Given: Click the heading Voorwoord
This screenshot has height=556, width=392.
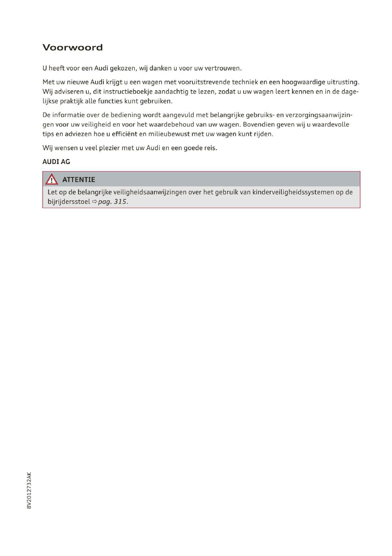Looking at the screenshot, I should point(73,47).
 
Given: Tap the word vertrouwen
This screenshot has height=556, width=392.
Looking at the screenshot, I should point(223,69).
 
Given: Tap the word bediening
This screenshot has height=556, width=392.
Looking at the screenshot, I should point(124,115).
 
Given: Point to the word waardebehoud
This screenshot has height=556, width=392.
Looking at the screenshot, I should point(173,124).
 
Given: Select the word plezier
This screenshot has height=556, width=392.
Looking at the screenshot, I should point(109,148).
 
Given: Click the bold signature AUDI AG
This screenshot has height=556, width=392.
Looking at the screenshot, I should point(56,162).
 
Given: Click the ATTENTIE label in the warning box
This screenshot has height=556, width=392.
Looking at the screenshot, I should point(79,180).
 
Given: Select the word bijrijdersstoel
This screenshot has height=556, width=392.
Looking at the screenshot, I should point(69,202).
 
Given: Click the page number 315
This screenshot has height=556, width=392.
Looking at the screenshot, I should point(120,202).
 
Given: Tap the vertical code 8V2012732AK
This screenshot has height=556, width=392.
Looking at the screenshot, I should point(29,490).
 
